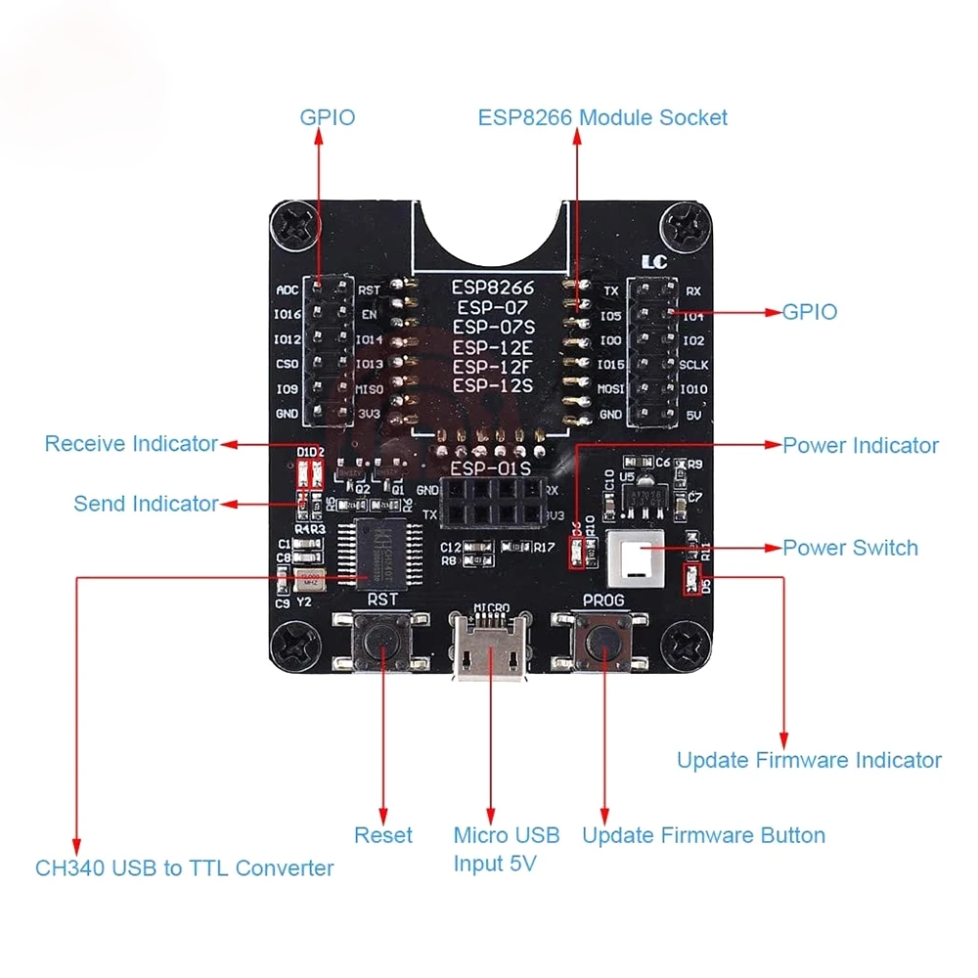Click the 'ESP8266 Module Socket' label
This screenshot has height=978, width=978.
point(602,117)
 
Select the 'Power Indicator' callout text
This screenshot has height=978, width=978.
point(860,445)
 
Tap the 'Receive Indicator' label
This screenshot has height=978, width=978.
point(131,444)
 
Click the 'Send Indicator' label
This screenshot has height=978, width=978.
point(146,504)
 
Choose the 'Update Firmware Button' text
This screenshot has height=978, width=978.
point(703,835)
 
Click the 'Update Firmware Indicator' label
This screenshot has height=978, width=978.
point(809,760)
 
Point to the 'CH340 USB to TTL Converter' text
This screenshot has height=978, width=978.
point(185,867)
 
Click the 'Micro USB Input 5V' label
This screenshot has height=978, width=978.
point(506,849)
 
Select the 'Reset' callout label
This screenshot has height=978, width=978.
point(382,835)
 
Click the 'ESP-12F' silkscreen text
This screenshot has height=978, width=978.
point(492,367)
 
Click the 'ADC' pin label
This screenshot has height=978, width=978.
point(288,290)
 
